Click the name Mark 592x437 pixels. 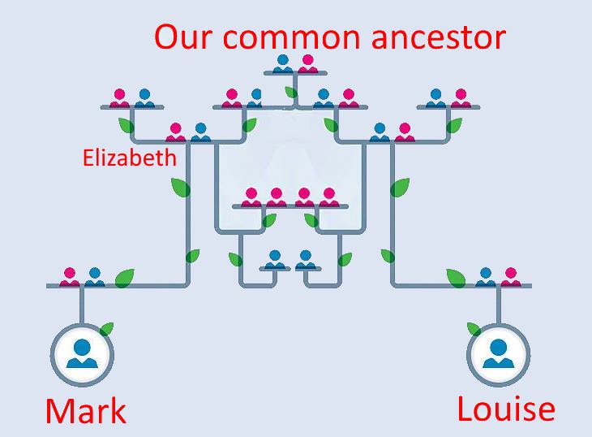coord(86,410)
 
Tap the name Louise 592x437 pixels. coord(506,408)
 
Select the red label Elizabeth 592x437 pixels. coord(129,157)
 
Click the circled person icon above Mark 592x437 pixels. coord(82,353)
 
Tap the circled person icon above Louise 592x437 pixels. coord(498,353)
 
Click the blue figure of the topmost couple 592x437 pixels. coord(283,63)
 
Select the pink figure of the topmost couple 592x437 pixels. coord(307,63)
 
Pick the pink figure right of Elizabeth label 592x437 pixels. coord(176,132)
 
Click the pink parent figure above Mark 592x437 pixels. coord(70,276)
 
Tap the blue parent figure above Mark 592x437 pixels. coord(94,276)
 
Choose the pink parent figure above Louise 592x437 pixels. coord(510,276)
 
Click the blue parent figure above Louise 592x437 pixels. coord(486,276)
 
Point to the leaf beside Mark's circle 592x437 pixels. coord(105,329)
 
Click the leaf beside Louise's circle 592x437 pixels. coord(474,329)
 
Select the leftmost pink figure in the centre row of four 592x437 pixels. coord(251,197)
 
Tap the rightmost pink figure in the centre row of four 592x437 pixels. coord(328,197)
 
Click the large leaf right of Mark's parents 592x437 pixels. coord(124,278)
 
